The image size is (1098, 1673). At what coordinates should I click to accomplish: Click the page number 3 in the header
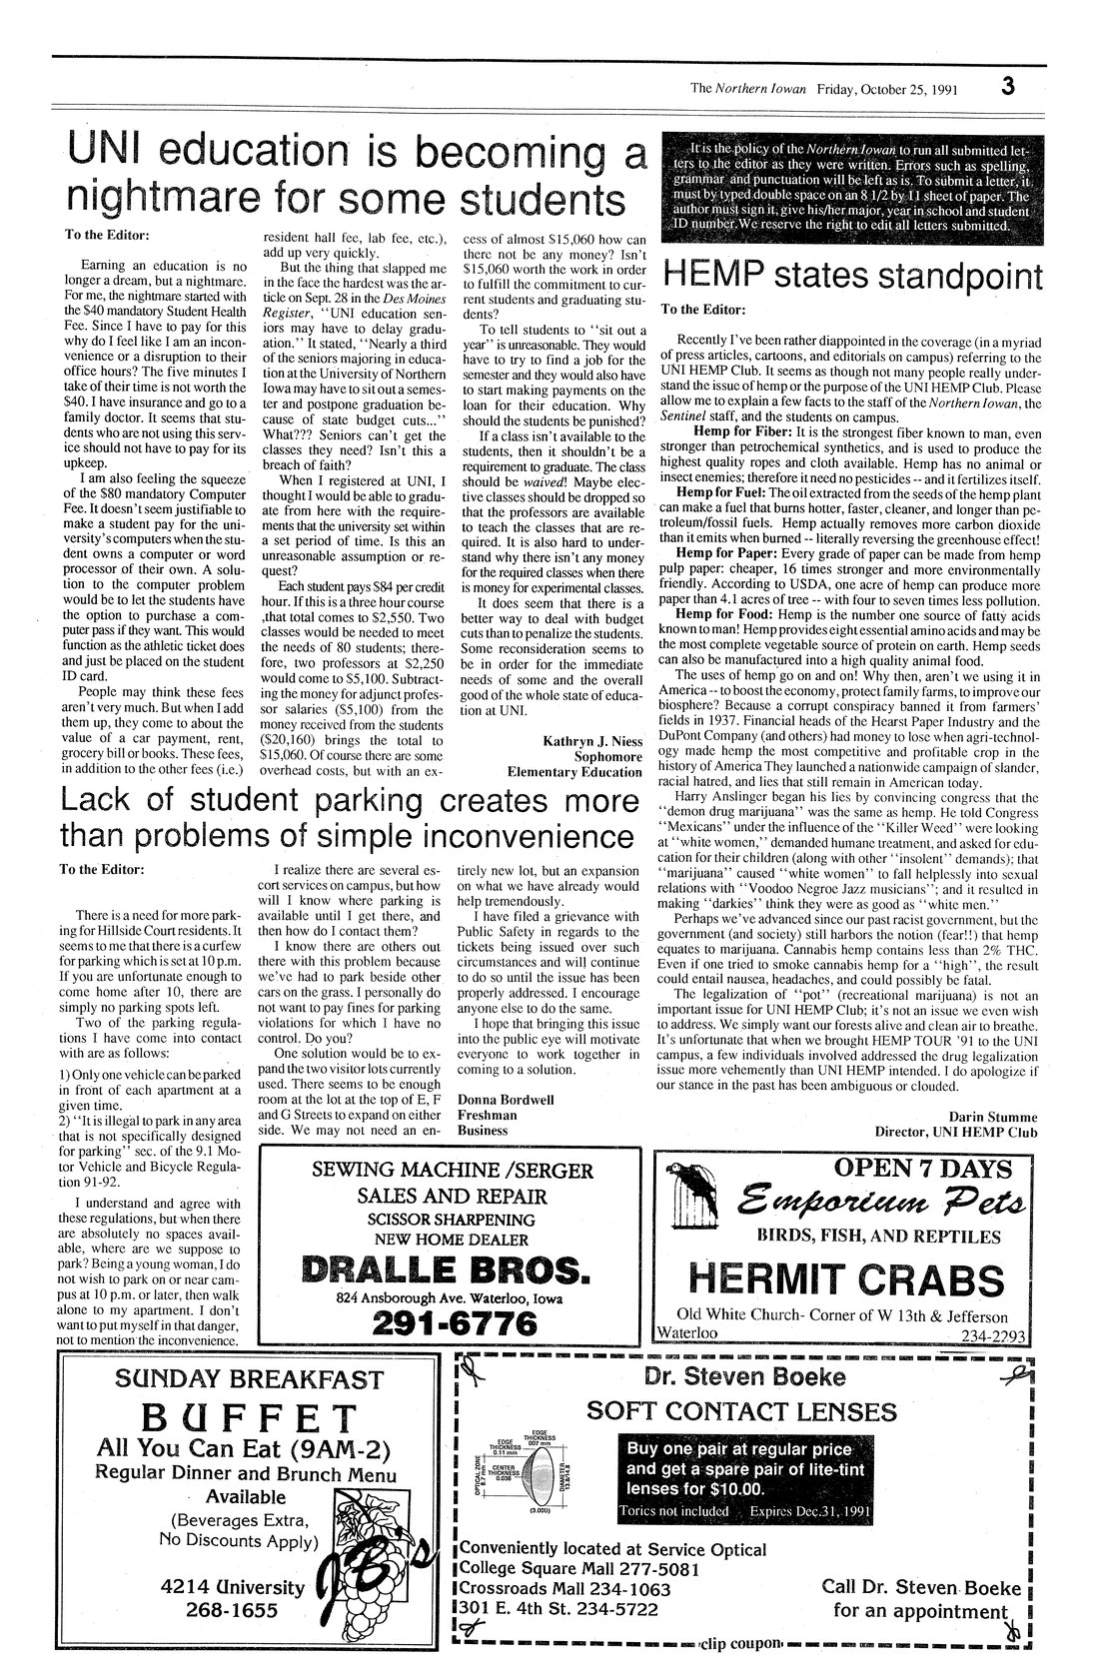(x=1008, y=86)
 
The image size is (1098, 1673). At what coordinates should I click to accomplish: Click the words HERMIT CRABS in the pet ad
(x=846, y=1278)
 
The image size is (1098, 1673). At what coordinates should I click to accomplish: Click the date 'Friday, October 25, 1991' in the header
(x=888, y=88)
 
